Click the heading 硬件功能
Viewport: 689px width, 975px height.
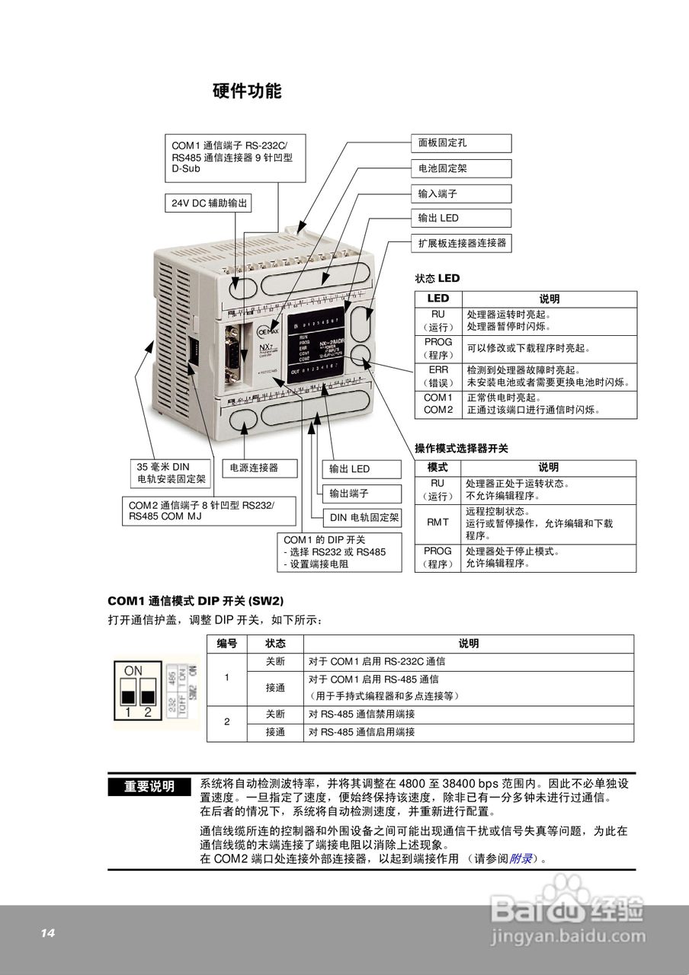coord(247,91)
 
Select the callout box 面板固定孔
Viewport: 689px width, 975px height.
coord(461,142)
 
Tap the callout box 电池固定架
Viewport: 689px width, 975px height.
coord(461,168)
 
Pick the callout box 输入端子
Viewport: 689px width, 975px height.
coord(461,193)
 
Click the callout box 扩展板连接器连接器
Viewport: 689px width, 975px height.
coord(461,244)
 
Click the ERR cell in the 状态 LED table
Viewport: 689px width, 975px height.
coord(438,376)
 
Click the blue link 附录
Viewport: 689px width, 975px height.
coord(521,858)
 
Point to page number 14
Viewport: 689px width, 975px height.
coord(48,933)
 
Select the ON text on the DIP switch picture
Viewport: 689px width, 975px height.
coord(133,670)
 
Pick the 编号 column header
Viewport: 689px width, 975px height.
coord(227,644)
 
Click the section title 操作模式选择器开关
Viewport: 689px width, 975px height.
coord(461,448)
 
